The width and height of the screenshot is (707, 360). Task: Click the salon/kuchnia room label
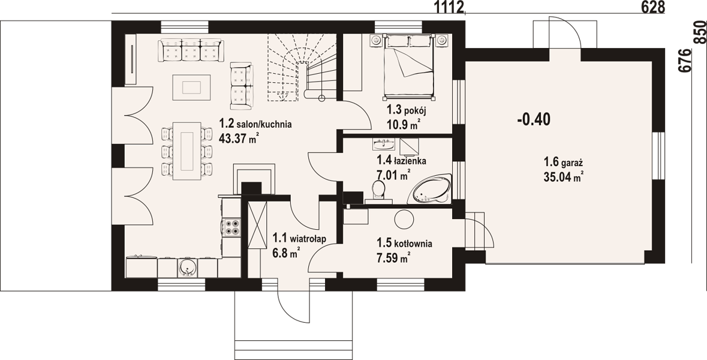tap(255, 124)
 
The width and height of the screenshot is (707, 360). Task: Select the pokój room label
tap(406, 110)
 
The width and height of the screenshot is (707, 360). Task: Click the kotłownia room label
tap(404, 244)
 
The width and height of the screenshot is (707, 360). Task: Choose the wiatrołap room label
tap(299, 238)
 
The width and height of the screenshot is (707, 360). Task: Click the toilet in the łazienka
tap(378, 190)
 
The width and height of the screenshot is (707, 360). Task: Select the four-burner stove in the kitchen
tap(232, 227)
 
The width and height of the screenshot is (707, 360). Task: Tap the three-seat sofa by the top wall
tap(191, 50)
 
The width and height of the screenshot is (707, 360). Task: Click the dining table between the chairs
tap(187, 151)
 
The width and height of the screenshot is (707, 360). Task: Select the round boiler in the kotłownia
tap(404, 220)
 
